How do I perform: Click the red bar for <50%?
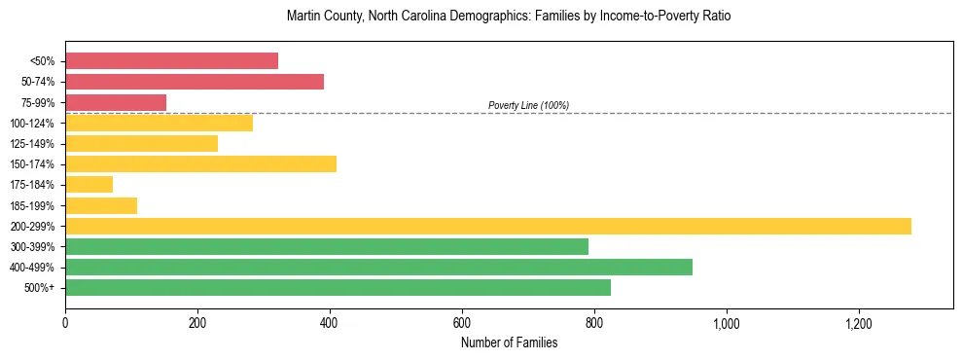click(171, 61)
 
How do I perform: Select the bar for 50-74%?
click(195, 82)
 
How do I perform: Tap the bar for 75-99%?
click(116, 102)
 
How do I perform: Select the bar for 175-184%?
click(89, 184)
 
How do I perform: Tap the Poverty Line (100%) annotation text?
click(528, 105)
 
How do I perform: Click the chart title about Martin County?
click(509, 17)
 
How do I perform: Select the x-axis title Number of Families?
click(509, 342)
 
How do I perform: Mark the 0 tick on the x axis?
click(65, 322)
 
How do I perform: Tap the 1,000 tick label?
click(727, 322)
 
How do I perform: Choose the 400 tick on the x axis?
click(330, 322)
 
